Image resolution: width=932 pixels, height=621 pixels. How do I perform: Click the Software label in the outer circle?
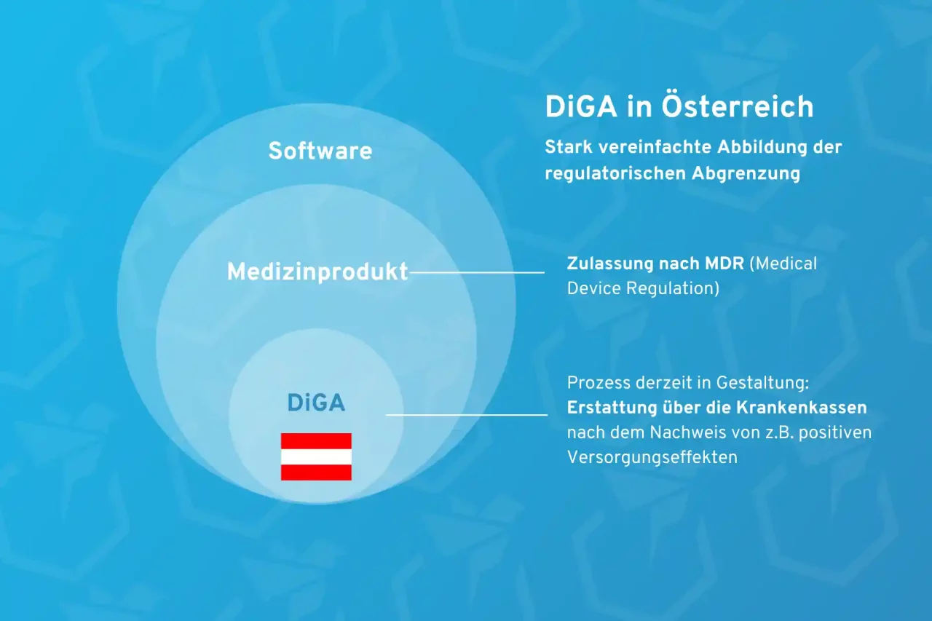[x=320, y=151]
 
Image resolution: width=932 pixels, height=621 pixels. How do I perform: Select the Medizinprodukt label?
[x=317, y=272]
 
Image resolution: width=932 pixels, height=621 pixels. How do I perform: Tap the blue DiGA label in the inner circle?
[x=316, y=403]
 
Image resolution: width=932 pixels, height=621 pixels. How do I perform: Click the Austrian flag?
[x=316, y=456]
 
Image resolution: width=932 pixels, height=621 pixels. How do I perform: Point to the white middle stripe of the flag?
[x=316, y=456]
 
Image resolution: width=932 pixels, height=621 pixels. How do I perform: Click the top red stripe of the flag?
[x=316, y=440]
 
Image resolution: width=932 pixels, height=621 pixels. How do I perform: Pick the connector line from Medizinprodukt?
[x=477, y=272]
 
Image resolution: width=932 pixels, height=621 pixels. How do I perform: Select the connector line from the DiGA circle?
[x=466, y=415]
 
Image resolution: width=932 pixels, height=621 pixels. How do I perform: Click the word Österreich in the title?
[x=737, y=107]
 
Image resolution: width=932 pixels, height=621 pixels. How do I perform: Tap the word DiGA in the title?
[x=582, y=107]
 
